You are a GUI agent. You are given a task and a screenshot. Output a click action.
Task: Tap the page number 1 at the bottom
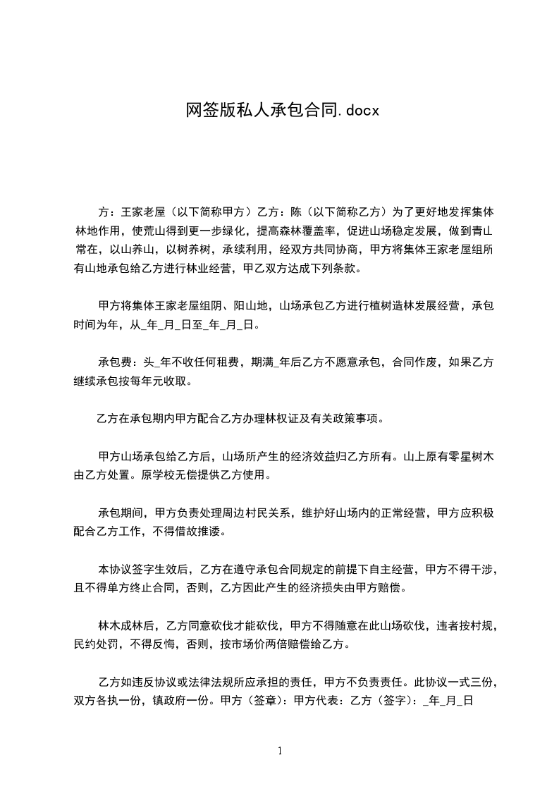(280, 751)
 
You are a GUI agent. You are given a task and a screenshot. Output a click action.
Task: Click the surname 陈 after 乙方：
(295, 211)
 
